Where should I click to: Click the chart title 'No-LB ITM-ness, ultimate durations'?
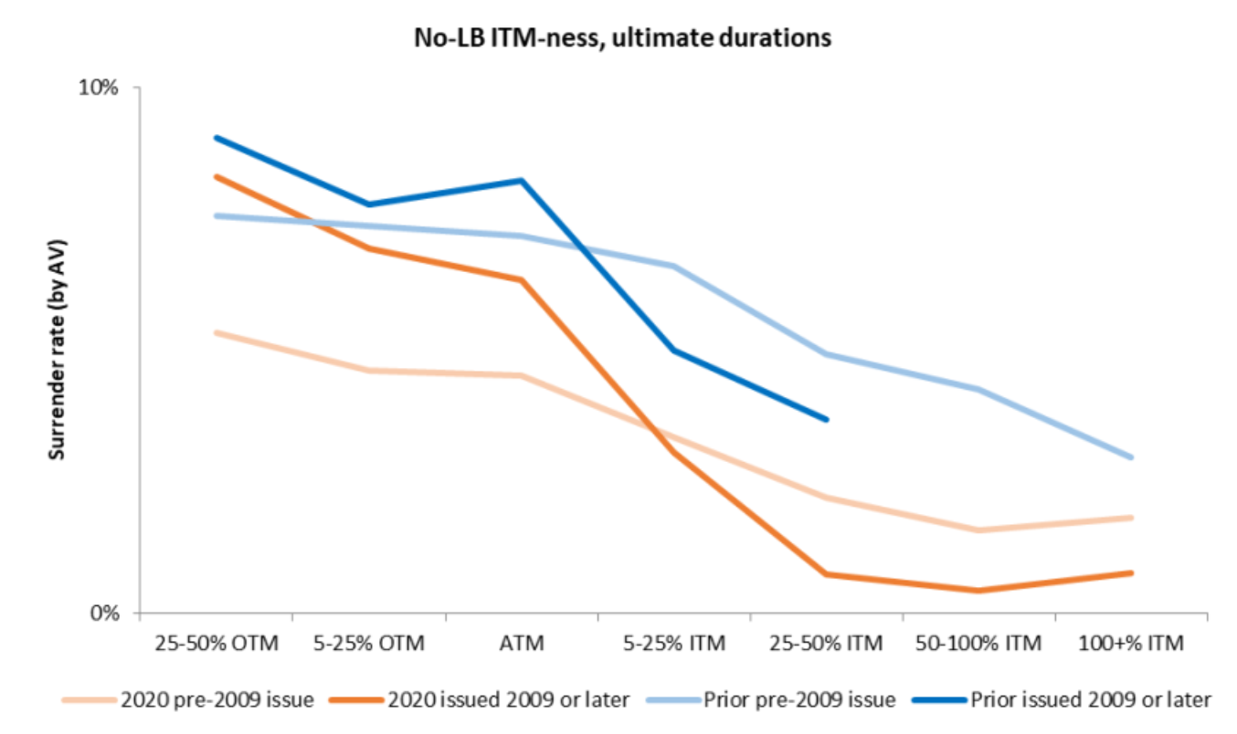pos(618,38)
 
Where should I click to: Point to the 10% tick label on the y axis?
pos(100,89)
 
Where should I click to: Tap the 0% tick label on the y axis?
pos(105,613)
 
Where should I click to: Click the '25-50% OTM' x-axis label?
pos(216,644)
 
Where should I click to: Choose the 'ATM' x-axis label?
pos(521,644)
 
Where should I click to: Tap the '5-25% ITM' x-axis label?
pos(673,644)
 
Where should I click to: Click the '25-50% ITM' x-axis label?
pos(826,644)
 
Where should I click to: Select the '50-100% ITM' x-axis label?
pos(978,644)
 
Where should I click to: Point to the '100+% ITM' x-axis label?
pos(1131,644)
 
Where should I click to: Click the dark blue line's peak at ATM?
pos(521,180)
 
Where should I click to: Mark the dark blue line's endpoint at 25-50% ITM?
pos(826,420)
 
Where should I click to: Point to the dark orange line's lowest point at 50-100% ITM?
pos(978,591)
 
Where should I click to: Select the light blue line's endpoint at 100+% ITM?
pos(1132,457)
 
